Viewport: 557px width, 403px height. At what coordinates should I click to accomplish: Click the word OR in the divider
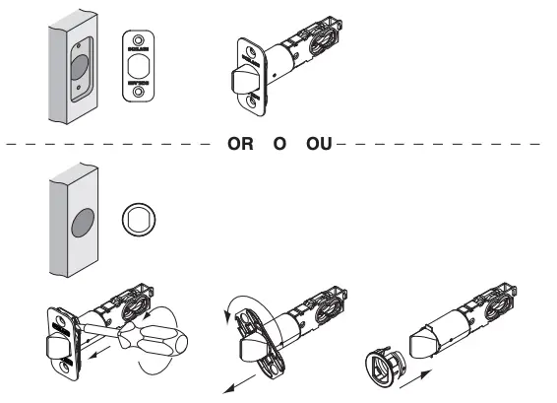[x=241, y=144]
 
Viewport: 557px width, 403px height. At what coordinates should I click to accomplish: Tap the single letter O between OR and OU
[x=279, y=144]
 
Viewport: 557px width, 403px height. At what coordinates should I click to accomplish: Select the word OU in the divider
[x=319, y=144]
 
